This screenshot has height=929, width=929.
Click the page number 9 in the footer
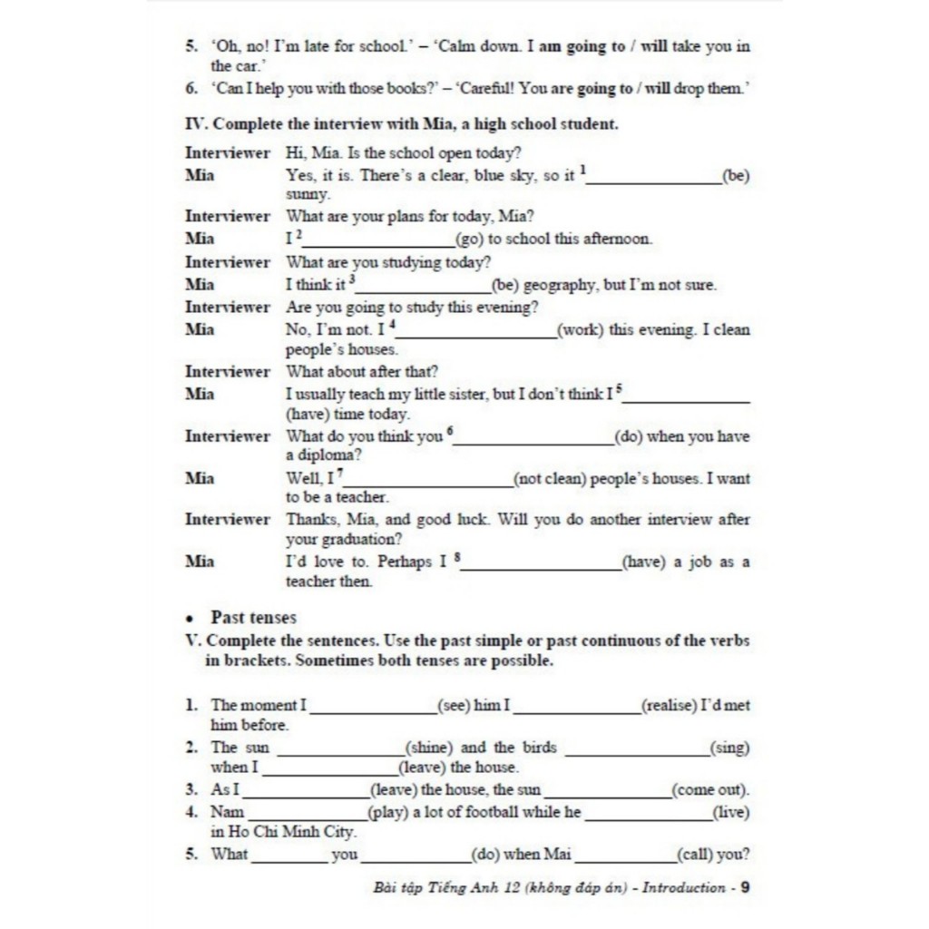pyautogui.click(x=745, y=887)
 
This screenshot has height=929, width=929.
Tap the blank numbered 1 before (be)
pyautogui.click(x=653, y=178)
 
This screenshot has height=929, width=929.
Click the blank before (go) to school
pyautogui.click(x=379, y=241)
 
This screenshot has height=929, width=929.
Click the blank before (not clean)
pyautogui.click(x=427, y=481)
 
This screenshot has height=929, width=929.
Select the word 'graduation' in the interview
pyautogui.click(x=357, y=540)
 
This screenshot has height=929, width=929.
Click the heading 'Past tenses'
pyautogui.click(x=254, y=618)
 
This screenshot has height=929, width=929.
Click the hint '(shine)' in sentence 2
pyautogui.click(x=429, y=748)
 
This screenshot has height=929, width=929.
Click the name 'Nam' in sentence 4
pyautogui.click(x=227, y=812)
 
